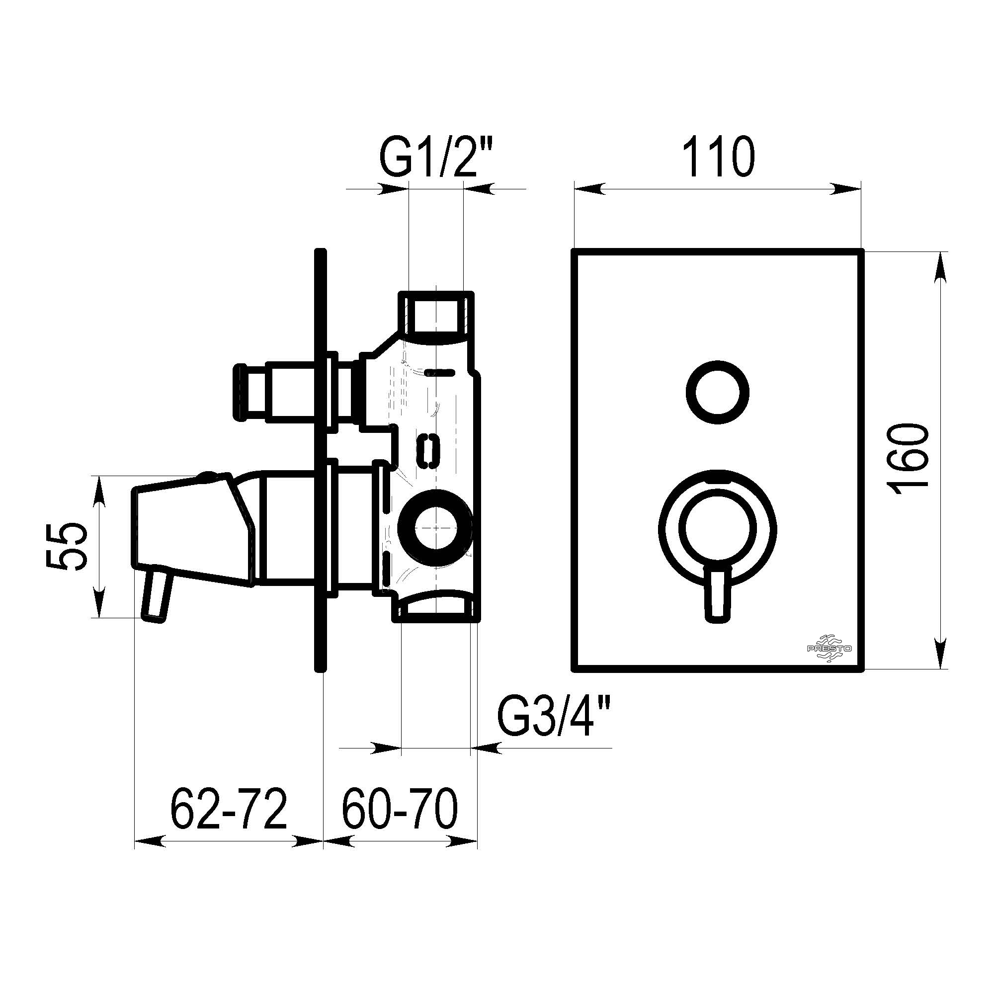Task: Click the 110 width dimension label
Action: [719, 157]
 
